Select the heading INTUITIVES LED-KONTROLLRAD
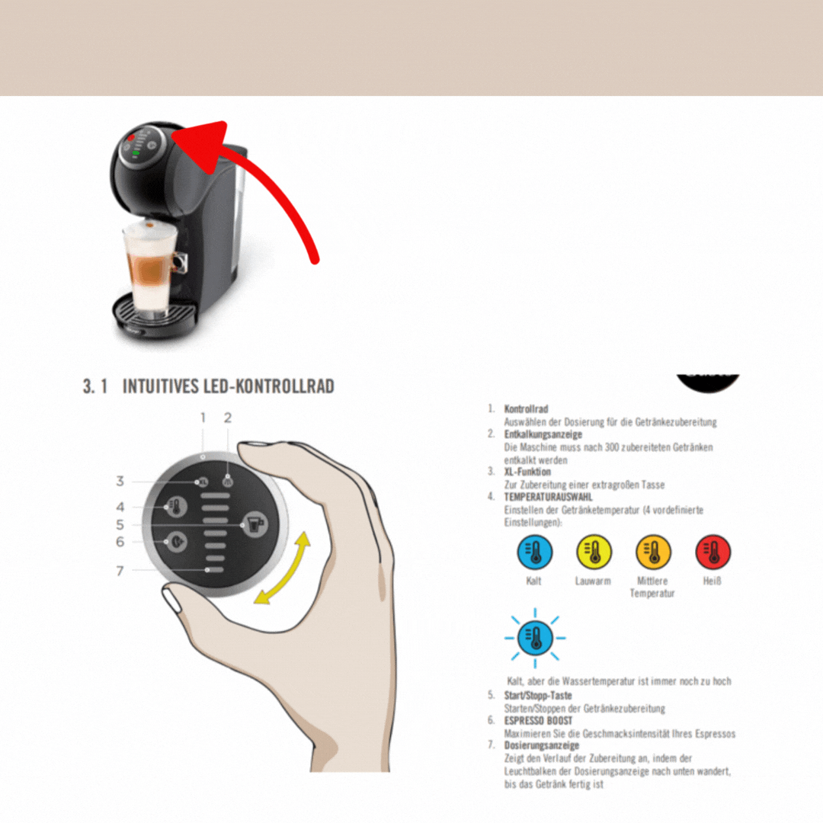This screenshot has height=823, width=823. [x=228, y=386]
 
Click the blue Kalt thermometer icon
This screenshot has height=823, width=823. [x=534, y=552]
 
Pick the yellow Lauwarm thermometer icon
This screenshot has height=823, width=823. [x=594, y=552]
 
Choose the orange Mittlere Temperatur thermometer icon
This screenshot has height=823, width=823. [x=653, y=552]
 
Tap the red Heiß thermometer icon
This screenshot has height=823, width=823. [x=713, y=552]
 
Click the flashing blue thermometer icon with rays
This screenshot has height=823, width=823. [x=535, y=639]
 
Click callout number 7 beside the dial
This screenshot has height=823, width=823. [x=120, y=571]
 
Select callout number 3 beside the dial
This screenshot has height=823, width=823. [x=120, y=481]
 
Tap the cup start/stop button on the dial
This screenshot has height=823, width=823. [x=255, y=524]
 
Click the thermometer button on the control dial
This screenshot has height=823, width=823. [x=176, y=507]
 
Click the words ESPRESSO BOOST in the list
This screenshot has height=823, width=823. [x=538, y=721]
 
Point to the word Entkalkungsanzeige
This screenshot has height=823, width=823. [x=543, y=434]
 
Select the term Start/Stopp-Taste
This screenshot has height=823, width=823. [x=538, y=696]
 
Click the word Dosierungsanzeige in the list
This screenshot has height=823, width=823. [x=542, y=745]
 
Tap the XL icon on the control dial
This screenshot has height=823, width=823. [x=202, y=482]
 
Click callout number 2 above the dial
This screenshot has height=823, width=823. [x=227, y=418]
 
